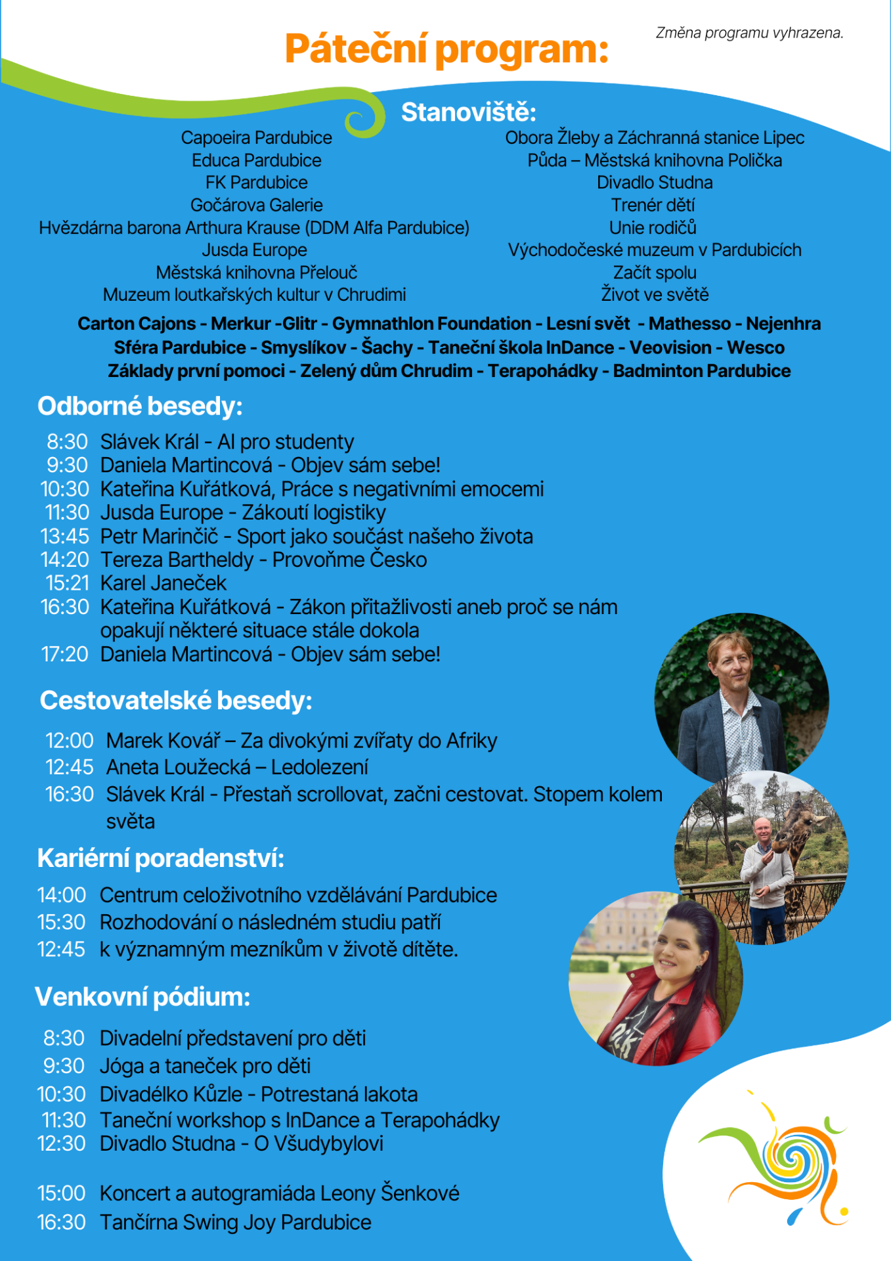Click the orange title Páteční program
[x=446, y=49]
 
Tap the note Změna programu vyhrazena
[x=749, y=33]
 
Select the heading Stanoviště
[x=468, y=112]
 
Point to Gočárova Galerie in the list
[x=256, y=206]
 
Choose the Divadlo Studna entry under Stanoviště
[x=654, y=183]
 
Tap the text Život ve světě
[x=655, y=295]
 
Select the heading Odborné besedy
[x=140, y=407]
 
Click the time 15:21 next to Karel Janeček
[x=67, y=583]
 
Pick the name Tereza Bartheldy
[x=177, y=560]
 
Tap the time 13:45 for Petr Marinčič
[x=64, y=537]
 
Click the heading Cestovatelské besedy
[x=176, y=701]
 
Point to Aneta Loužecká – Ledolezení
[x=237, y=767]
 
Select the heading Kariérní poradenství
[x=161, y=858]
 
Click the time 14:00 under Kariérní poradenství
[x=62, y=895]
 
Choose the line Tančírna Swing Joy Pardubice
[x=235, y=1223]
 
